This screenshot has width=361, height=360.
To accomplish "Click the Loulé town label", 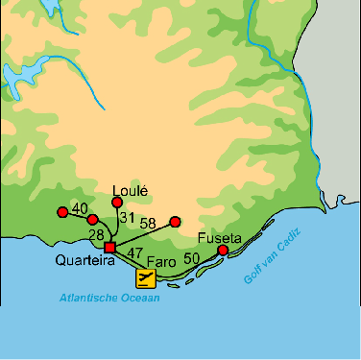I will pos(130,190).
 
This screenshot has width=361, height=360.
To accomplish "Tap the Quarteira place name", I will pos(79,259).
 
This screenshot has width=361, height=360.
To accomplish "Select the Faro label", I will pos(159,259).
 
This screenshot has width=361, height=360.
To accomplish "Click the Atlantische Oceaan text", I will pos(108,298).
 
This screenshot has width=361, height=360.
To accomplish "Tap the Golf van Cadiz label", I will pos(268,261).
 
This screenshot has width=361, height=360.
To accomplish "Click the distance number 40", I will pos(80,209).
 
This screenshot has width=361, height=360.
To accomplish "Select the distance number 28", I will pos(96,235).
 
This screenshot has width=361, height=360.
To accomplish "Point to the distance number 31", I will pos(127,219).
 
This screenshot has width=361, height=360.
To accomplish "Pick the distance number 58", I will pos(148,224).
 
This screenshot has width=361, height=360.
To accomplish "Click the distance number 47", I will pos(135,254).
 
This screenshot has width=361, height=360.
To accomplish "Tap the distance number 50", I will pos(191,258).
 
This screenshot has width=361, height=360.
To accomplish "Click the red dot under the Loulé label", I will pos(118,202).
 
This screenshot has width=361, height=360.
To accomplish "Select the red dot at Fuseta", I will pos(223,251).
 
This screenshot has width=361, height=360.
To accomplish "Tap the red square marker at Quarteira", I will pos(109,248).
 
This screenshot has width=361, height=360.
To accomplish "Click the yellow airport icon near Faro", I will pos(145,278).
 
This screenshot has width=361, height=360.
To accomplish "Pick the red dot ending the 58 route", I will pos(175,221).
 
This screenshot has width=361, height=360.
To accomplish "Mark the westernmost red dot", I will pos(62,211).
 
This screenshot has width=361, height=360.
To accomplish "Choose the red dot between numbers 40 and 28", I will pos(92,220).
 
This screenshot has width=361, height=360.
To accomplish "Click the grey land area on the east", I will pos(331,115).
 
